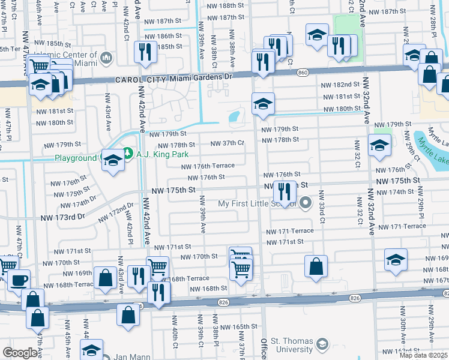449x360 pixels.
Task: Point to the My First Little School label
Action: (257, 203)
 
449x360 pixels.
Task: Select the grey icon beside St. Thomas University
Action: (322, 344)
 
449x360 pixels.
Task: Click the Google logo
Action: (20, 353)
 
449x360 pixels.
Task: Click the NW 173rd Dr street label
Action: (63, 215)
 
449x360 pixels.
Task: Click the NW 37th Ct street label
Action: (227, 143)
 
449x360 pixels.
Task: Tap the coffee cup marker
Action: (19, 280)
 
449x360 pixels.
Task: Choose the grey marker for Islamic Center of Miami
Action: (107, 58)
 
